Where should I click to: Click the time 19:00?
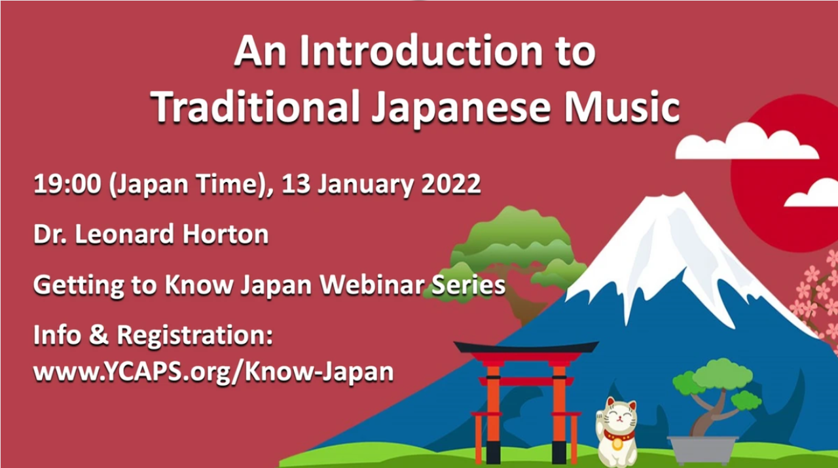[67, 184]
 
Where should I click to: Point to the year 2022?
[451, 184]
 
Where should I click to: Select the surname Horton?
[225, 234]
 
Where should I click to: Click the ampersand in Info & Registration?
[98, 334]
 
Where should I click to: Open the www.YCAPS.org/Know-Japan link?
[213, 372]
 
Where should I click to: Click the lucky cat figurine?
[616, 431]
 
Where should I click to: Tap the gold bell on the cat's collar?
[617, 443]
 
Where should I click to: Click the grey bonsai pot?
[702, 450]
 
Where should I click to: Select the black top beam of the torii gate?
[526, 347]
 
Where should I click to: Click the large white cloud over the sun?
[746, 142]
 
